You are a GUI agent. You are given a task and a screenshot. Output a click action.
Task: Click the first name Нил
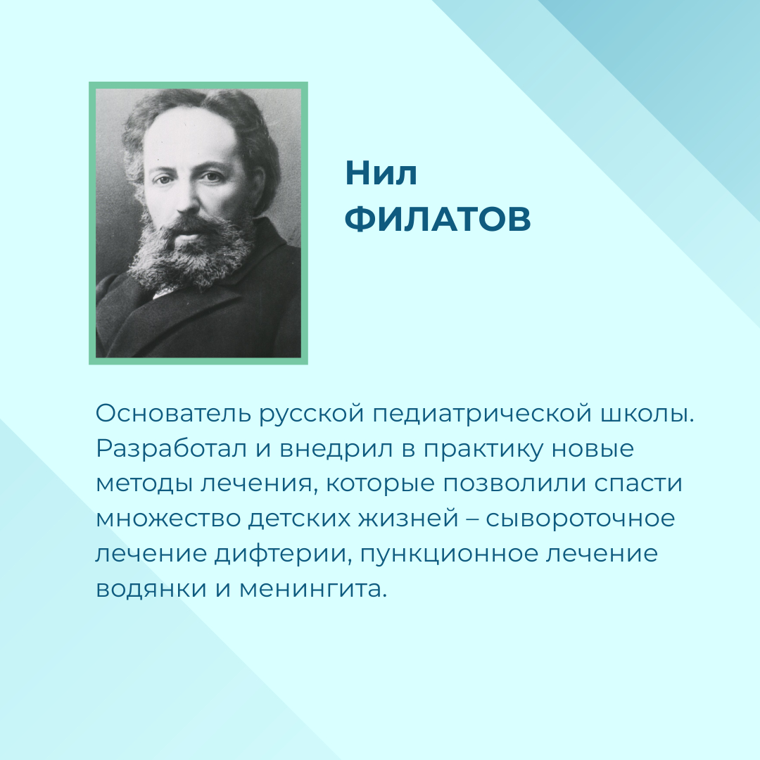(381, 173)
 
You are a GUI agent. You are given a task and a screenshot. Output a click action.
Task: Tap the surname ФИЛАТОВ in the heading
(438, 220)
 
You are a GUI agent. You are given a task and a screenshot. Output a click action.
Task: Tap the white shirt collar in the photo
(165, 291)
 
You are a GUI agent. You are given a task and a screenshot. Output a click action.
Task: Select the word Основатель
(172, 414)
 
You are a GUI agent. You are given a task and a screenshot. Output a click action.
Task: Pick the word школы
(647, 414)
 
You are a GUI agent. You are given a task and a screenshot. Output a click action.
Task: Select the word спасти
(638, 483)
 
